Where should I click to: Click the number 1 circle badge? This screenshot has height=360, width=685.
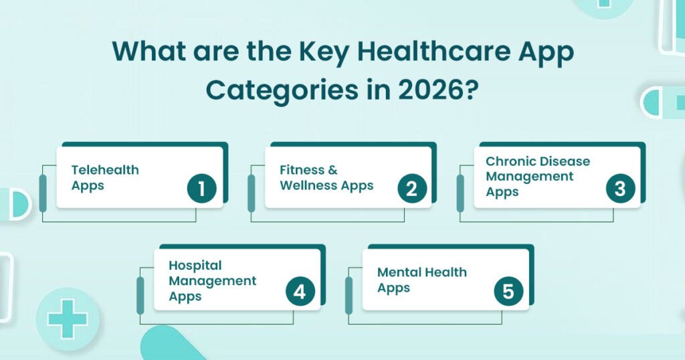(201, 189)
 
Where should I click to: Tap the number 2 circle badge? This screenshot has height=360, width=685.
(411, 189)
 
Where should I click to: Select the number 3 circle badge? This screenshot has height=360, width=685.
(619, 189)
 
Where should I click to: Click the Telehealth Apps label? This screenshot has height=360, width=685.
(105, 177)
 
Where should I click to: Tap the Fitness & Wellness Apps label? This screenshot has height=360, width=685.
(326, 177)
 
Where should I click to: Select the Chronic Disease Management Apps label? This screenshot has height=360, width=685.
(538, 177)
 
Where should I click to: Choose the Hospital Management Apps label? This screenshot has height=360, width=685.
(212, 280)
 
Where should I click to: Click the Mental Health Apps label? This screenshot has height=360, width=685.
(421, 280)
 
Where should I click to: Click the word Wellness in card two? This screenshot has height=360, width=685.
(310, 185)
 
